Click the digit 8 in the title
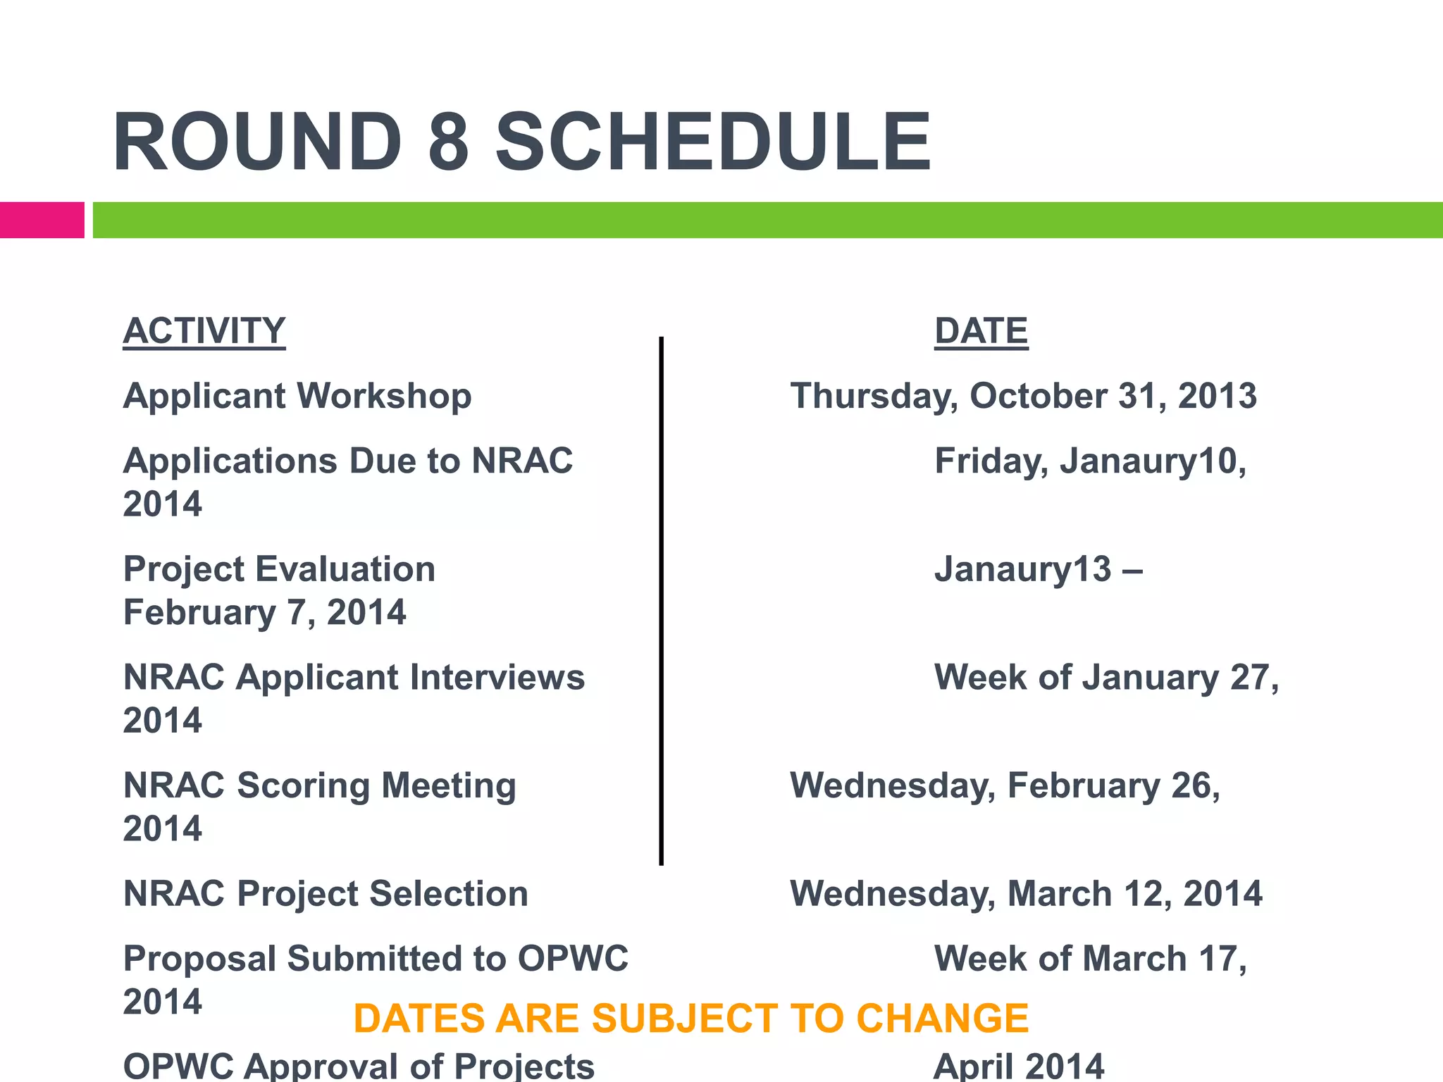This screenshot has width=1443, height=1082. pos(448,142)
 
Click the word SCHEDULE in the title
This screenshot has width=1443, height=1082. pos(713,142)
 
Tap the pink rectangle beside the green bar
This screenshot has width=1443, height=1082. pos(42,220)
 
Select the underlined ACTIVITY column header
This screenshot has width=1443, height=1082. pos(204,331)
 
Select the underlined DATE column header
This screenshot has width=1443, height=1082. pos(981,331)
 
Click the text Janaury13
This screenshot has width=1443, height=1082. pos(1022,569)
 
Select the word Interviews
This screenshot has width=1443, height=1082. pos(497,678)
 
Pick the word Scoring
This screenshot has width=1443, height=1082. pos(303,785)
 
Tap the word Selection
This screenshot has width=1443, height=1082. pos(449,894)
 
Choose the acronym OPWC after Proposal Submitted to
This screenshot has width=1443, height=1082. pos(573,959)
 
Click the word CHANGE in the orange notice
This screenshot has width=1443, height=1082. pos(942,1019)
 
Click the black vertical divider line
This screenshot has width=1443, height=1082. pos(661,599)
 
